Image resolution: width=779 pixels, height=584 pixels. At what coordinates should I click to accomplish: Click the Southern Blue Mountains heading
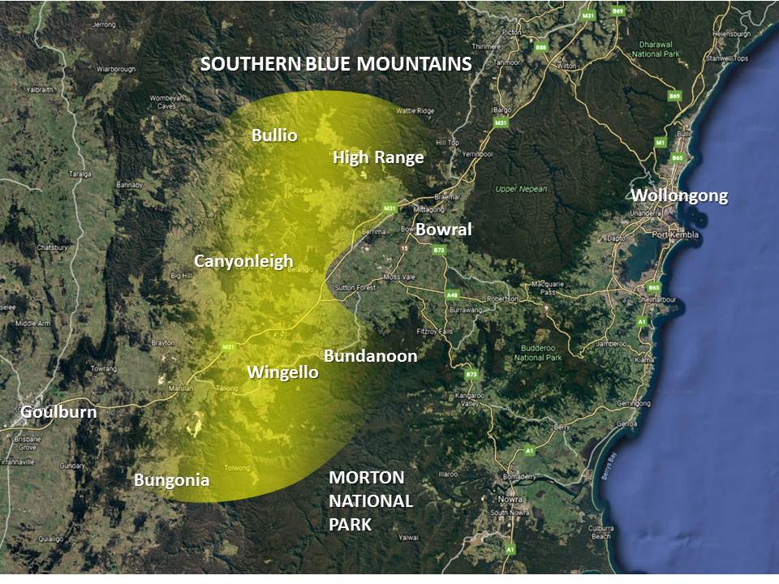(336, 64)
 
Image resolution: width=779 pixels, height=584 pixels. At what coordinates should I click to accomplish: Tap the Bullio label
(274, 135)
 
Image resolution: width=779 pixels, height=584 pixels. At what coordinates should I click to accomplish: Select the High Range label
(378, 157)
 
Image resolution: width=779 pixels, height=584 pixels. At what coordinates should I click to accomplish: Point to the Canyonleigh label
(243, 261)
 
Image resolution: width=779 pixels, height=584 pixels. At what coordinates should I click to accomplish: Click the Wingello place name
(282, 373)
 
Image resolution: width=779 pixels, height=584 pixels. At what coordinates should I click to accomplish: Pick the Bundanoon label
(370, 356)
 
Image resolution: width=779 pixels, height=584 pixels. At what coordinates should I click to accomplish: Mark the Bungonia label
(171, 480)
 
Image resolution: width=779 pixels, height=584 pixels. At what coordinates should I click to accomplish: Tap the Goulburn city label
(58, 412)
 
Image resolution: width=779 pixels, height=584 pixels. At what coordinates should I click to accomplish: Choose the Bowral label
(443, 230)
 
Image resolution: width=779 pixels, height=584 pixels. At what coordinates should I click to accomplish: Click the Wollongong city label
(679, 195)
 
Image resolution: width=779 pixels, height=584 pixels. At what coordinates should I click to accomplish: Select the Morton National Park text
(371, 500)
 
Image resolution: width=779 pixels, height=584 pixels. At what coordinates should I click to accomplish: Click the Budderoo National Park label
(538, 353)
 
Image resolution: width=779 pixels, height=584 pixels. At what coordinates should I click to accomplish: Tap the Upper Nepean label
(521, 189)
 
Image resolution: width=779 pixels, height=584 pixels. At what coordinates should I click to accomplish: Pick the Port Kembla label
(675, 235)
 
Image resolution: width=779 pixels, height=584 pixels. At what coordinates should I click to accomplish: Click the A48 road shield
(452, 296)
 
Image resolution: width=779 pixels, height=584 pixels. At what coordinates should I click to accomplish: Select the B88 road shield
(540, 47)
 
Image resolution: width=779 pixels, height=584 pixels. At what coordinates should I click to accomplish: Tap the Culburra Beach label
(600, 531)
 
